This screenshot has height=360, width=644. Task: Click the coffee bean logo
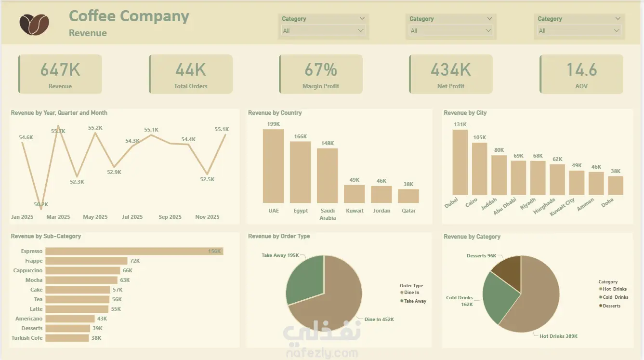click(x=34, y=24)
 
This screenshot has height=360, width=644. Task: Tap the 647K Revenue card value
click(x=60, y=70)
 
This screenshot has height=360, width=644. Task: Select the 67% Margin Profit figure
click(x=321, y=70)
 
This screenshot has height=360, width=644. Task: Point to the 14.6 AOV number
click(x=581, y=70)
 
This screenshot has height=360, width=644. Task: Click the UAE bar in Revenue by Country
click(x=273, y=166)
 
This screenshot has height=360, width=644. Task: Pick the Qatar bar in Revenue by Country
click(x=408, y=196)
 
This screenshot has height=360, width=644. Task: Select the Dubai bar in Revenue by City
click(x=460, y=162)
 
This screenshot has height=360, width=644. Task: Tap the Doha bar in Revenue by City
click(x=616, y=186)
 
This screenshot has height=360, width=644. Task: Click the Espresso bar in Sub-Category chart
click(x=134, y=251)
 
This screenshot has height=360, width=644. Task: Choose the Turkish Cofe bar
click(x=67, y=338)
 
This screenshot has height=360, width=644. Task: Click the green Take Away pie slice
click(x=305, y=280)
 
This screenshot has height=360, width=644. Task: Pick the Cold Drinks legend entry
click(x=615, y=297)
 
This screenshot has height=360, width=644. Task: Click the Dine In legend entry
click(x=411, y=293)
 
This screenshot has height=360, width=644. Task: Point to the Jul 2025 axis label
click(x=132, y=217)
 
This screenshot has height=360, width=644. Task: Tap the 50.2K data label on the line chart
click(x=41, y=204)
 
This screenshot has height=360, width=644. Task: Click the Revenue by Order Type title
click(x=279, y=236)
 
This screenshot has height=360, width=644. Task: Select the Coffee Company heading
click(x=129, y=16)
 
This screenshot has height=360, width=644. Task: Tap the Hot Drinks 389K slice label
click(x=558, y=336)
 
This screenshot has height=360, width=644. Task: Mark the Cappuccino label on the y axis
click(x=28, y=270)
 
